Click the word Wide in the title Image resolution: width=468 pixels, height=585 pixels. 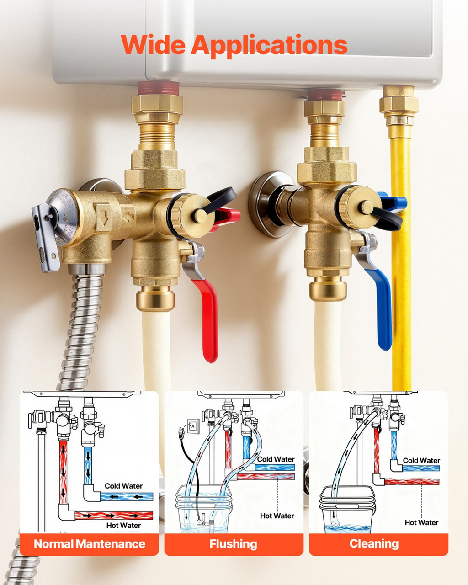153,45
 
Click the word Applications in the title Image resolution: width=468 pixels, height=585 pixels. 269,47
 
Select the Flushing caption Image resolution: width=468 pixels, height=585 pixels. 234,544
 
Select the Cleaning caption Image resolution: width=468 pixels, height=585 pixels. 374,544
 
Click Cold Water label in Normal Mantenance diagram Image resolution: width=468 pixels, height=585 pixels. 124,486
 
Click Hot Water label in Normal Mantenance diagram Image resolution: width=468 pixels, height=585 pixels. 123,525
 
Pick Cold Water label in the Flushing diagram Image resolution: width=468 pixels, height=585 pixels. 276,459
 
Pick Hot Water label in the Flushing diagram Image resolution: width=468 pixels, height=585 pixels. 277,516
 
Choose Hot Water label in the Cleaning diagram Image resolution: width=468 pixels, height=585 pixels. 421,522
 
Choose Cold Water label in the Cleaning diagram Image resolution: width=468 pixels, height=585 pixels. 421,460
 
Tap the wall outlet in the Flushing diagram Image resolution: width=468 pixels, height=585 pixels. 194,426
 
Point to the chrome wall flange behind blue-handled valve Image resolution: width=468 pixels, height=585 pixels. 269,204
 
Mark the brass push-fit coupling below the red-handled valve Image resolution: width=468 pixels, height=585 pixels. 155,298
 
